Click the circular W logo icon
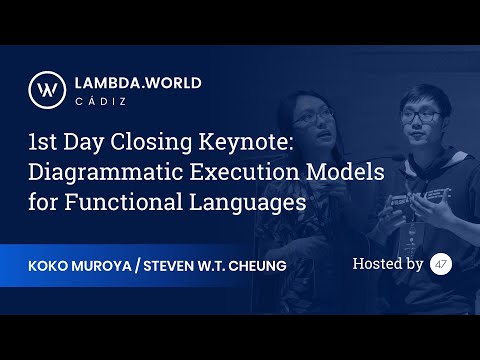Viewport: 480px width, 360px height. (46, 90)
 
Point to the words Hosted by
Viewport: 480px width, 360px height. (388, 264)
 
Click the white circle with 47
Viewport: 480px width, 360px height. (441, 264)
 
